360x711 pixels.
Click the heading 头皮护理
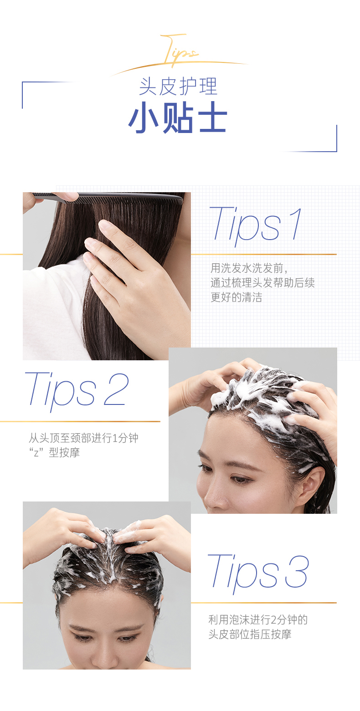(x=178, y=87)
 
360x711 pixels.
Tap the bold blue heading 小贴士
(x=177, y=118)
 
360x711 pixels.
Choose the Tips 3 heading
(x=258, y=572)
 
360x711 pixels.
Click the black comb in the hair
(x=108, y=199)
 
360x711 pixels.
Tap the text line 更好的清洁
(x=236, y=297)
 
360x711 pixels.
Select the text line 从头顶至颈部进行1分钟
(x=83, y=438)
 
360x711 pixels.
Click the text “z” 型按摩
(x=54, y=453)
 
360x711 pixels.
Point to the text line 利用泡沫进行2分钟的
(x=258, y=619)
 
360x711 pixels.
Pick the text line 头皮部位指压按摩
(x=250, y=634)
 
